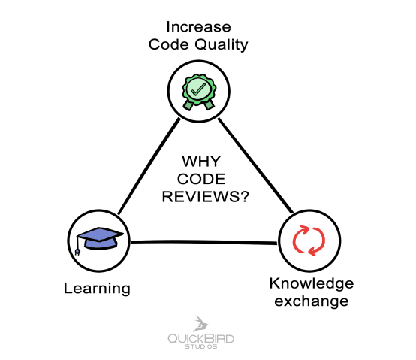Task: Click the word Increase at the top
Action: [198, 27]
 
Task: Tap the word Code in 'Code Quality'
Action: [169, 44]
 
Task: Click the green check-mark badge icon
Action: [199, 92]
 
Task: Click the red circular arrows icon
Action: [309, 241]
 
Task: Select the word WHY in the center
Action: [201, 162]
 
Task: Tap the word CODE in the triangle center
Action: [201, 179]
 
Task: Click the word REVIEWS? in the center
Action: [205, 197]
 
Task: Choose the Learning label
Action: [97, 289]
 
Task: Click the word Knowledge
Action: [312, 283]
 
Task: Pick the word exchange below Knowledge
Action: [312, 301]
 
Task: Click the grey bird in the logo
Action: [200, 324]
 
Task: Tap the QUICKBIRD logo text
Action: [200, 339]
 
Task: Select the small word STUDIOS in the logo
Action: [200, 346]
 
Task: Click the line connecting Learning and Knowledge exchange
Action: [203, 242]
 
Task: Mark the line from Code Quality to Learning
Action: [149, 166]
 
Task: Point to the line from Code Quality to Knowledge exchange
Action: [255, 165]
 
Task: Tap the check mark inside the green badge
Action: [198, 89]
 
